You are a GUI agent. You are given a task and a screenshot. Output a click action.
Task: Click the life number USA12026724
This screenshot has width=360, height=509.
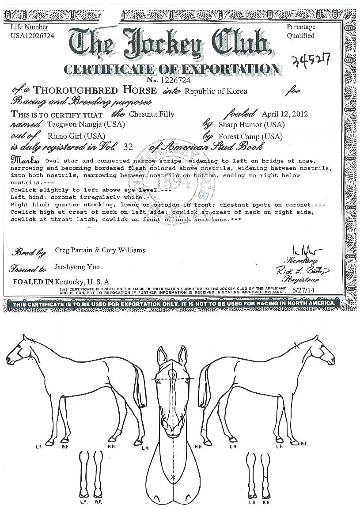pyautogui.click(x=32, y=36)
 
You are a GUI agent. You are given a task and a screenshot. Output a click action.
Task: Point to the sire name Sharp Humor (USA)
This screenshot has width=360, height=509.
pyautogui.click(x=251, y=125)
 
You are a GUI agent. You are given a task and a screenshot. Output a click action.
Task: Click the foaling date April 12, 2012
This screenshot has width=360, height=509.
pyautogui.click(x=284, y=114)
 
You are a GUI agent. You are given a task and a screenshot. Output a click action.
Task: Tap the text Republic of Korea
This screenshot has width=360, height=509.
pyautogui.click(x=216, y=91)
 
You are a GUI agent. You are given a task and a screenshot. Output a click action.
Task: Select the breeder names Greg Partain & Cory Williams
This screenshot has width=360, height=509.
pyautogui.click(x=100, y=250)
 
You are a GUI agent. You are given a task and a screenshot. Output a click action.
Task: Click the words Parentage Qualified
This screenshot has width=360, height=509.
pyautogui.click(x=301, y=31)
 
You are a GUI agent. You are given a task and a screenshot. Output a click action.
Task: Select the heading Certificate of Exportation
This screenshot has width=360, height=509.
pyautogui.click(x=172, y=69)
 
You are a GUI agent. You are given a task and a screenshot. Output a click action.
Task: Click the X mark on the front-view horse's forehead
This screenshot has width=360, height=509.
pyautogui.click(x=174, y=375)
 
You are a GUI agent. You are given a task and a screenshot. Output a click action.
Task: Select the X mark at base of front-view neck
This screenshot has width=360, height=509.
pyautogui.click(x=173, y=478)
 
